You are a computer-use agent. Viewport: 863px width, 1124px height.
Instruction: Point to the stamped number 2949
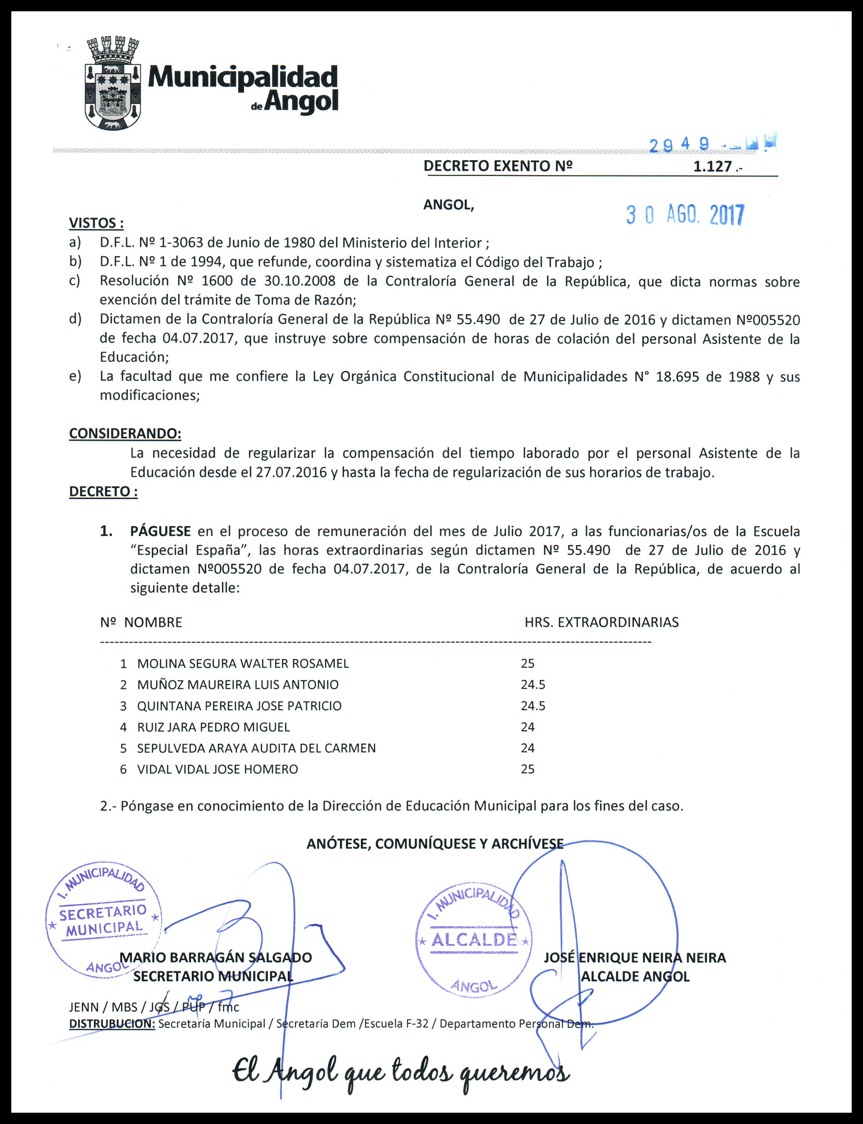(679, 145)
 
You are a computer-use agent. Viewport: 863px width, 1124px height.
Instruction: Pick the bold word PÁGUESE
(160, 531)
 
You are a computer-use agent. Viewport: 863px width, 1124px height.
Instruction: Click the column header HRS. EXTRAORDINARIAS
(601, 623)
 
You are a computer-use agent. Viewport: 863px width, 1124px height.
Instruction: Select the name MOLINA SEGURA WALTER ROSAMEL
(243, 664)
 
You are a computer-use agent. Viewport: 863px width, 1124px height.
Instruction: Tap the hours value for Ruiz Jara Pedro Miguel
(528, 727)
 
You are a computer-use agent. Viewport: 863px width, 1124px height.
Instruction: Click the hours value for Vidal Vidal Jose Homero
(528, 769)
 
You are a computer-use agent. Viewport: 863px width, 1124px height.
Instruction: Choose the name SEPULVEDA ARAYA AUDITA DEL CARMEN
(256, 748)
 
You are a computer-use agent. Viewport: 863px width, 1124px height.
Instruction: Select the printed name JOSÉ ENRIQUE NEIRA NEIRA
(635, 958)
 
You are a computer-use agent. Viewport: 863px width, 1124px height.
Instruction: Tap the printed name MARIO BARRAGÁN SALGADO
(216, 958)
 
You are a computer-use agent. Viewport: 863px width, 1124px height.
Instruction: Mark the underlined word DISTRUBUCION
(111, 1024)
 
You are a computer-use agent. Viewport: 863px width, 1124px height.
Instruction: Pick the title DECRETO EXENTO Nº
(497, 166)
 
